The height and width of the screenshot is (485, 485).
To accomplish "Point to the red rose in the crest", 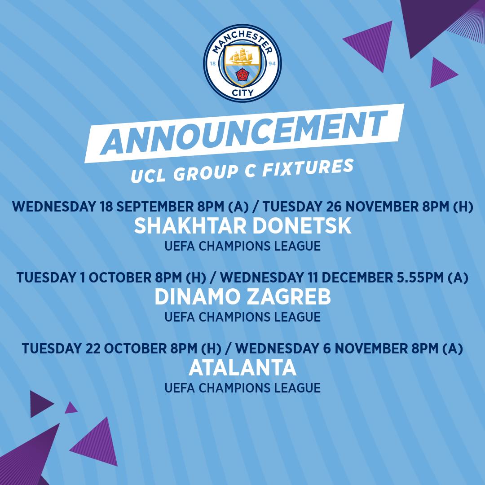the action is click(242, 75).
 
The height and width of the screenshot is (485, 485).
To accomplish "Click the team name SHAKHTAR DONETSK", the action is click(242, 225).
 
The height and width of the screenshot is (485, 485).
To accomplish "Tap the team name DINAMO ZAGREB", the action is click(242, 297).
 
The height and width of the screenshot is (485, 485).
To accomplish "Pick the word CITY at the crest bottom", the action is click(242, 92).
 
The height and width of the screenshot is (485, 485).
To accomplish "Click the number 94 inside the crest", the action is click(272, 63).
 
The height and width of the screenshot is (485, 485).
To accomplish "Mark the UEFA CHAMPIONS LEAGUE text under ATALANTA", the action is click(242, 388).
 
